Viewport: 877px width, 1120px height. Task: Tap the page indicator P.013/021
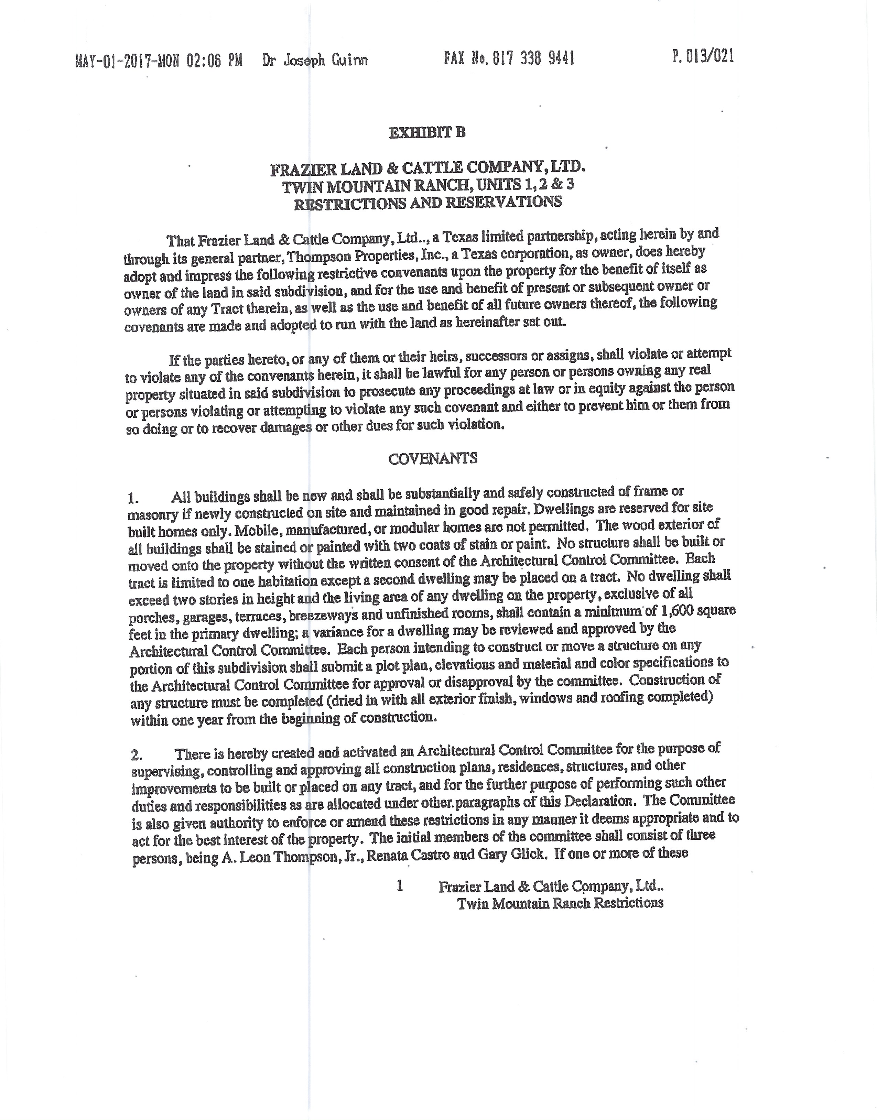pyautogui.click(x=703, y=56)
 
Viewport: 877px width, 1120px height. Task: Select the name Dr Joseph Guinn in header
pyautogui.click(x=315, y=61)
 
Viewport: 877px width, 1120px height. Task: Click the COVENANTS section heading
pyautogui.click(x=432, y=458)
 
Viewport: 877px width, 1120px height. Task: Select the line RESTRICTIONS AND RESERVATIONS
pyautogui.click(x=428, y=202)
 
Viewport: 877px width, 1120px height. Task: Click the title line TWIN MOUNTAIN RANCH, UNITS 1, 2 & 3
pyautogui.click(x=428, y=185)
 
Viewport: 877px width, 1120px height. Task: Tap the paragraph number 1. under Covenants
pyautogui.click(x=133, y=498)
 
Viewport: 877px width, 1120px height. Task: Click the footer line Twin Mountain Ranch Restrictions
pyautogui.click(x=560, y=903)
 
